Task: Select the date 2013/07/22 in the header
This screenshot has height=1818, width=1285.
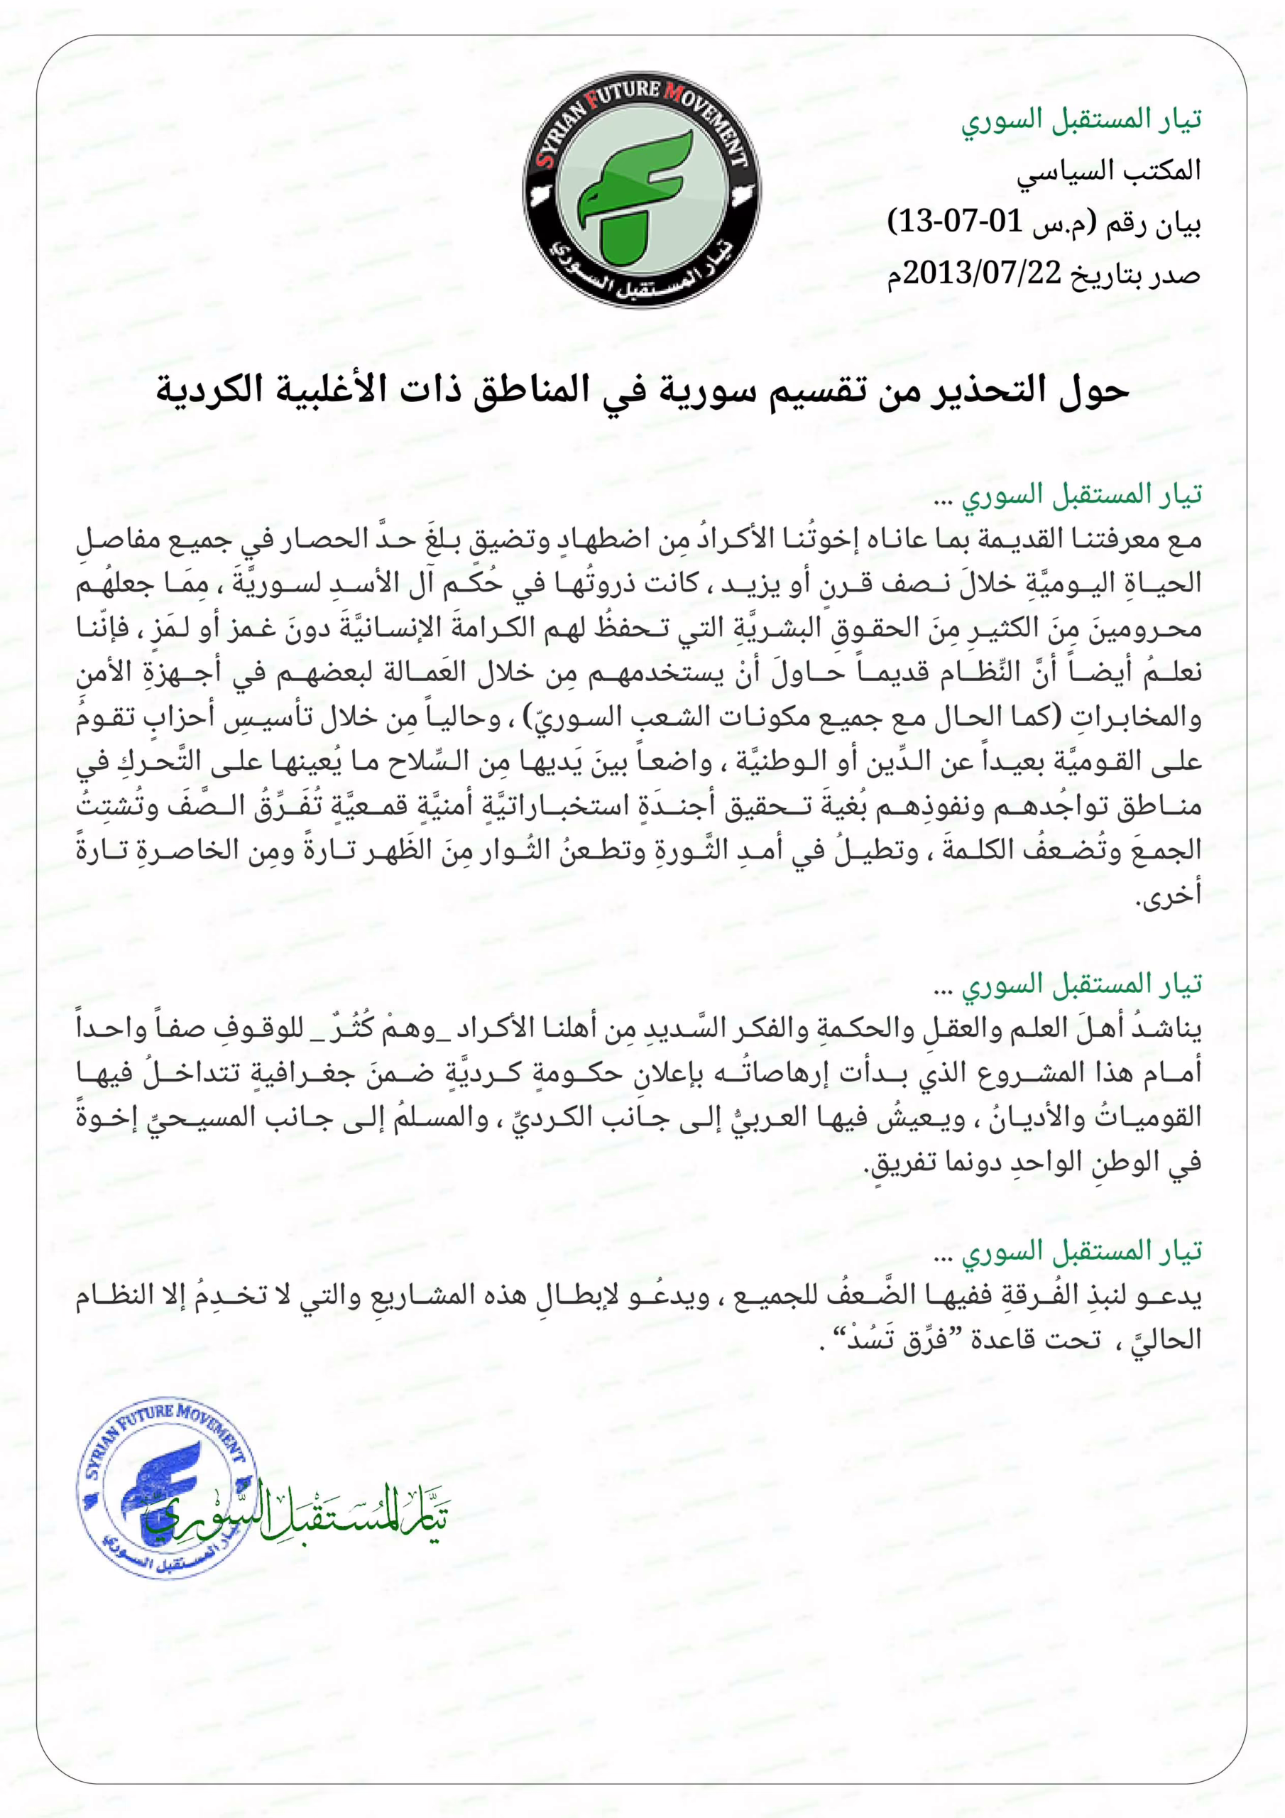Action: (982, 273)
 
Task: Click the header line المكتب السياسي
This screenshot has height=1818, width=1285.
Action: (1108, 171)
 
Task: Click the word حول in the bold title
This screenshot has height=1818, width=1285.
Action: (1093, 391)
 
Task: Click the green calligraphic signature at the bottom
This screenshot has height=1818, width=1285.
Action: (301, 1516)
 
